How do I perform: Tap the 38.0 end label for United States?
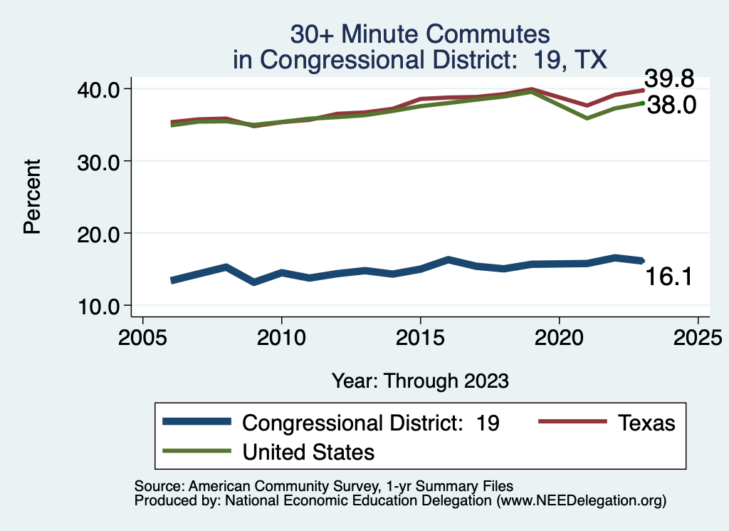[x=669, y=106]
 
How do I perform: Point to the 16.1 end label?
[x=669, y=277]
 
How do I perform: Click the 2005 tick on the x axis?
[x=142, y=334]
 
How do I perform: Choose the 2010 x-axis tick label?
[x=281, y=334]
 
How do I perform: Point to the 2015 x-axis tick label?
[x=420, y=334]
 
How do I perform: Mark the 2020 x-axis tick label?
[x=559, y=334]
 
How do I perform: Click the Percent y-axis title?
[x=31, y=197]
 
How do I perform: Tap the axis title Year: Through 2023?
[x=420, y=381]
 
